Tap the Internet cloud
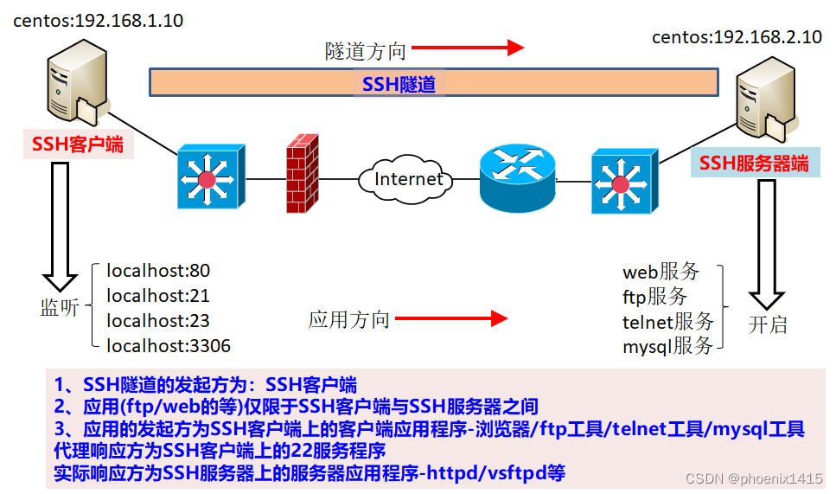[x=408, y=179]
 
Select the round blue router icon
[x=517, y=177]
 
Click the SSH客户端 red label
[x=77, y=144]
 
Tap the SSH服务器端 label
[x=754, y=164]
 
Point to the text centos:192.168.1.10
[x=98, y=21]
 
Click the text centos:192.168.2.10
[x=737, y=36]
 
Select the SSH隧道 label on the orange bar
[x=399, y=83]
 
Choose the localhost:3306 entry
[x=168, y=346]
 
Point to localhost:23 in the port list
[x=157, y=321]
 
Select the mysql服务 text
[x=668, y=347]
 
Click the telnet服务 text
[x=668, y=322]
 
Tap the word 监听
[x=60, y=307]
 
